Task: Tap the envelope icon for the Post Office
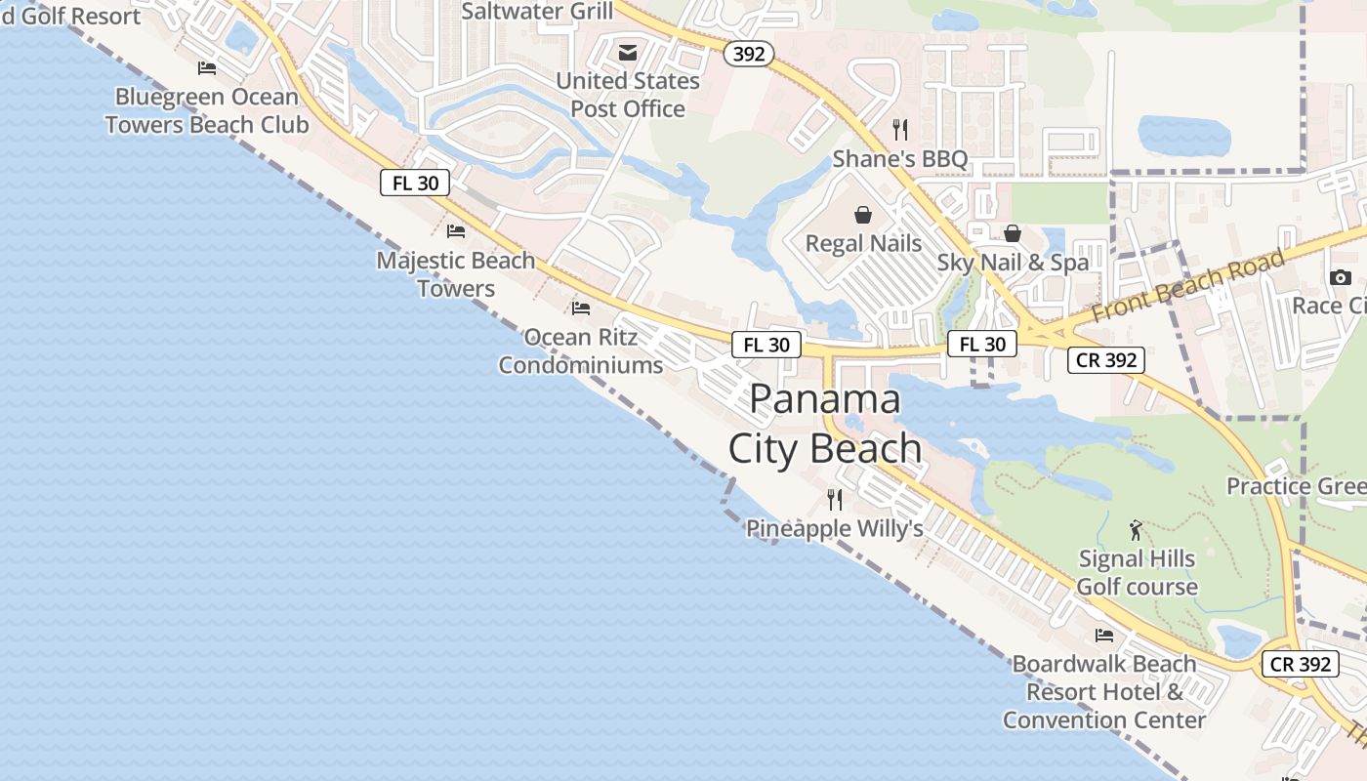[x=628, y=52]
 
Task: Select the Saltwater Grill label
[x=537, y=12]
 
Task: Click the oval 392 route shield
[x=749, y=54]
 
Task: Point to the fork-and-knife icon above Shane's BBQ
[x=900, y=129]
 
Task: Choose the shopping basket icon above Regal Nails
[x=863, y=214]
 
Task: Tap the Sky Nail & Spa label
[x=1013, y=263]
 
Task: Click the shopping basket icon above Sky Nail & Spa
[x=1013, y=233]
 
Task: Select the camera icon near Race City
[x=1340, y=277]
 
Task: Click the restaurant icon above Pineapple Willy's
[x=835, y=500]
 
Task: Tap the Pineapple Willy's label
[x=835, y=529]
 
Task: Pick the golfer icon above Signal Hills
[x=1136, y=530]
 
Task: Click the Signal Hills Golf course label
[x=1137, y=573]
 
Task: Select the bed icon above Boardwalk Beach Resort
[x=1104, y=635]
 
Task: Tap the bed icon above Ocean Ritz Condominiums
[x=581, y=308]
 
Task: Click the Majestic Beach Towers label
[x=456, y=274]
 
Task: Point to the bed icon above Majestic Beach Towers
[x=456, y=231]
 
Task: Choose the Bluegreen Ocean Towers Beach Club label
[x=207, y=110]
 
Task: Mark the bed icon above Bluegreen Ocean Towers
[x=207, y=67]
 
